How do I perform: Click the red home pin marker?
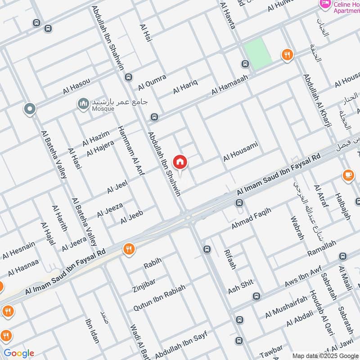click(180, 162)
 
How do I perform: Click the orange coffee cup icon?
click(348, 175)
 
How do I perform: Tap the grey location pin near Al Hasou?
click(30, 108)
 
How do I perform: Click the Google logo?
click(19, 353)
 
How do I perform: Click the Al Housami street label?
click(240, 152)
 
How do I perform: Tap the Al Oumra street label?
click(153, 81)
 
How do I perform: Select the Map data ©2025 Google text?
click(324, 355)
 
